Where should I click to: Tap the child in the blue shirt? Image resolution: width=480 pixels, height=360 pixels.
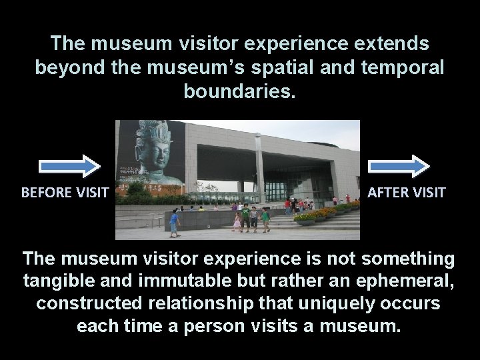click(175, 221)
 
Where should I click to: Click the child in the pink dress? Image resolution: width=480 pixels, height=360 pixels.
click(237, 220)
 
